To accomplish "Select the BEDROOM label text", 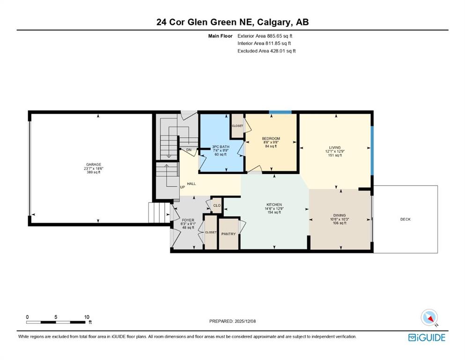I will click(x=271, y=138).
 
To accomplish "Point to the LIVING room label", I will click(x=335, y=147).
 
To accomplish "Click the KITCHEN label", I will click(x=274, y=205).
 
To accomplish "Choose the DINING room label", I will click(x=340, y=215).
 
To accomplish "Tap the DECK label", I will click(x=405, y=219).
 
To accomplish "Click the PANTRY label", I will click(x=229, y=234).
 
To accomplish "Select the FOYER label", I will click(x=187, y=220).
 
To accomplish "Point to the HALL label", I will click(x=191, y=184).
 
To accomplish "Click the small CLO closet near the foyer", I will click(x=217, y=205).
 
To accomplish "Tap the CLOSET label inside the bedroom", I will click(x=237, y=126).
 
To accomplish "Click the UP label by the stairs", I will click(x=183, y=187).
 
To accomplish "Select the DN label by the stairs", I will click(x=189, y=150).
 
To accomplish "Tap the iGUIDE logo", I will click(x=427, y=337).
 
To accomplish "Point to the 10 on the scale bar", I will click(x=87, y=317).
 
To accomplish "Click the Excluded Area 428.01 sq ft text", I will click(x=266, y=51).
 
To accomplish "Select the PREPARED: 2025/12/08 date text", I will click(x=233, y=321).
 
